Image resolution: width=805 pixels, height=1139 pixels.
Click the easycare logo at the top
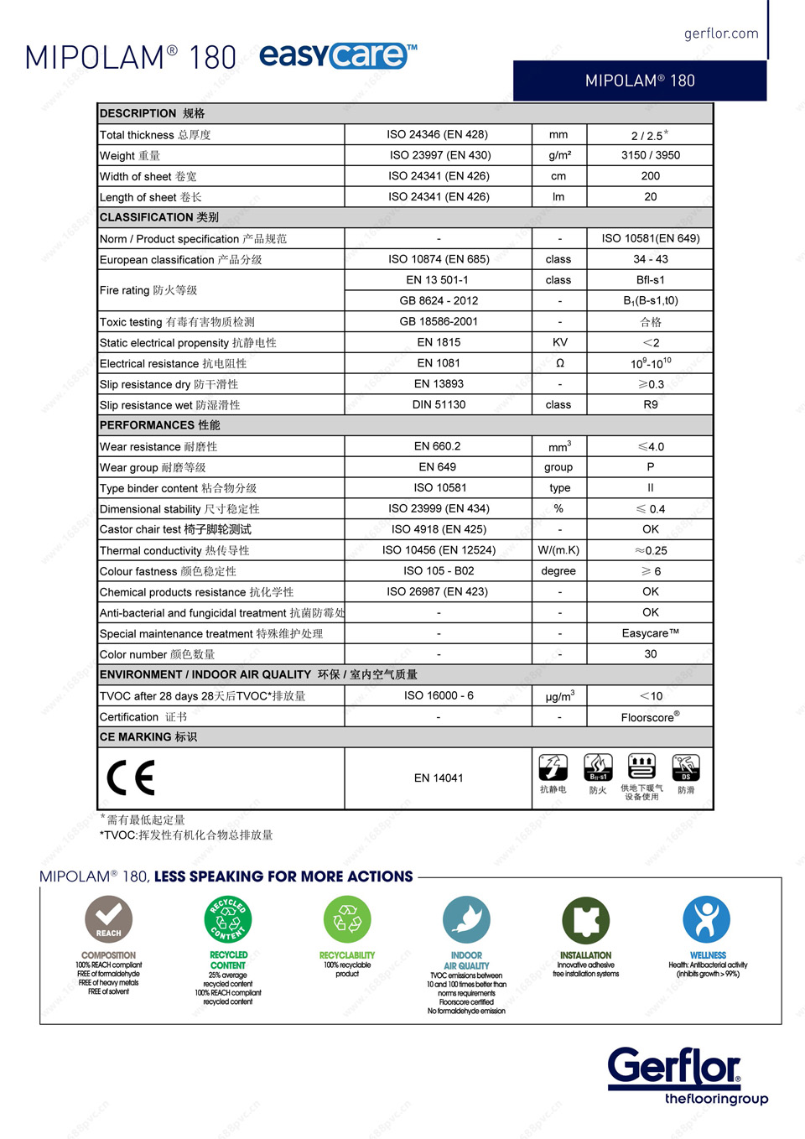click(338, 55)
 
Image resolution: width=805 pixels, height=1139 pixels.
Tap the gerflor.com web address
click(721, 34)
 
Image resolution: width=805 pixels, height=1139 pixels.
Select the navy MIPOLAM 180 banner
click(640, 81)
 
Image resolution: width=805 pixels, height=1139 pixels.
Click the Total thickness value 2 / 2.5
click(650, 134)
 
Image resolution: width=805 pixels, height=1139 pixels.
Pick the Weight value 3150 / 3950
click(650, 155)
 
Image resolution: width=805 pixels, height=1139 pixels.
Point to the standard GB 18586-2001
click(439, 321)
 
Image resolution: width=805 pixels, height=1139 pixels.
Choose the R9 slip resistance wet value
click(650, 404)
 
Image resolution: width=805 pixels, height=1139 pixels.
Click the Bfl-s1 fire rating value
click(650, 280)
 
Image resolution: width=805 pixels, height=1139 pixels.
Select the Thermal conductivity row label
click(174, 550)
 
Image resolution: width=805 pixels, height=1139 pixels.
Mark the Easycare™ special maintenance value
click(650, 633)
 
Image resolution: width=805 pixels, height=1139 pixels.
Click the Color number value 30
click(650, 654)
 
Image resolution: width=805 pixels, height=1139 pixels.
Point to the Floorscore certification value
click(650, 717)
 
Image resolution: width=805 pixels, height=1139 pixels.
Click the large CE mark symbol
click(131, 778)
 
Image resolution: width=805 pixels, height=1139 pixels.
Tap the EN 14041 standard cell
click(439, 778)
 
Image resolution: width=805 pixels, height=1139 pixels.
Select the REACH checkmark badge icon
click(108, 919)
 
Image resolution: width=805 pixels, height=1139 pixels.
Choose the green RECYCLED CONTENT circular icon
click(228, 919)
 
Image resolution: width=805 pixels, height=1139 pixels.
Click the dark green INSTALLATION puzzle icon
click(585, 920)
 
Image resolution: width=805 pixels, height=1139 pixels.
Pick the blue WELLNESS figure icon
click(706, 919)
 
